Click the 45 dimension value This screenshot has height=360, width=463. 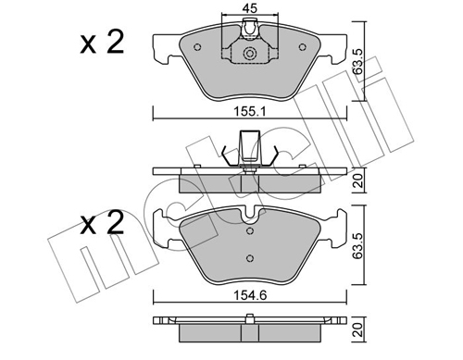[x=250, y=8]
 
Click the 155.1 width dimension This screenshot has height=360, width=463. [x=249, y=111]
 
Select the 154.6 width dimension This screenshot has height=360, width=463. [x=250, y=295]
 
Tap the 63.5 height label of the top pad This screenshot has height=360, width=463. [x=358, y=61]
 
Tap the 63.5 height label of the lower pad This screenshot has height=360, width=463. [x=358, y=245]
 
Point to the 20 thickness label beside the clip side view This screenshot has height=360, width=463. [x=358, y=180]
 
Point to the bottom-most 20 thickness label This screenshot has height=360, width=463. [x=358, y=329]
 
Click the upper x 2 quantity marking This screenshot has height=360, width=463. [x=102, y=43]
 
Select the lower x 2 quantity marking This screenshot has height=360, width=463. [x=102, y=223]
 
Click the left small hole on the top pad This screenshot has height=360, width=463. [x=197, y=47]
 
